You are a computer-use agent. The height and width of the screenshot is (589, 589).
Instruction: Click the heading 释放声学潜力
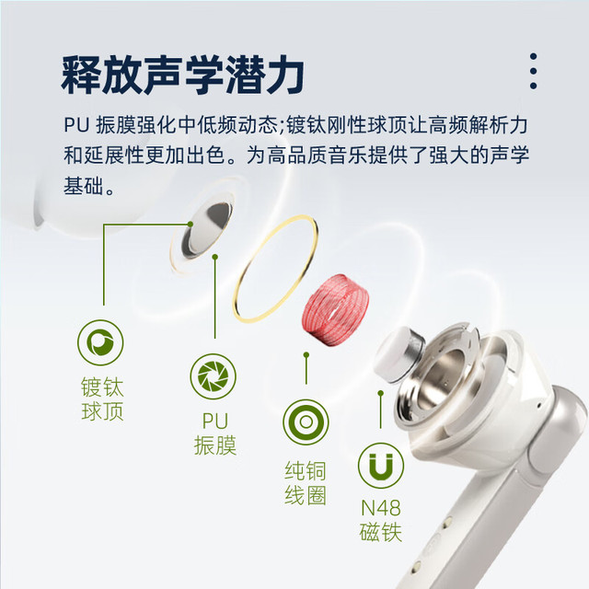pos(182,75)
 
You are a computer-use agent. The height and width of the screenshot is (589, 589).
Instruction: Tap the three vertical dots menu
pos(533,71)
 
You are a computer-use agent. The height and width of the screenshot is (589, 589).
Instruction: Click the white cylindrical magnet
pos(398,354)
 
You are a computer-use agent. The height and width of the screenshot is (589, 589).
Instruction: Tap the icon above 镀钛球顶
pos(100,342)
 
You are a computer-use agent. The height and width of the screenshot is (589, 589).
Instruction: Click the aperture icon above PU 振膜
pos(213,376)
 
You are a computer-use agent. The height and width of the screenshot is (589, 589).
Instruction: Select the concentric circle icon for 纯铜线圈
pos(306,422)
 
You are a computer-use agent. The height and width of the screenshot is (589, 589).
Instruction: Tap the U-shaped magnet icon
pos(381,466)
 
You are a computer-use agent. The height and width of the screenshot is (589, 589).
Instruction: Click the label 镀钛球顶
pos(102,398)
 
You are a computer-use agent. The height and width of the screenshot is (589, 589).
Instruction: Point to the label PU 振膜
pos(215,433)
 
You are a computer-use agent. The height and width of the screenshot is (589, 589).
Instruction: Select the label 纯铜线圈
pos(306,483)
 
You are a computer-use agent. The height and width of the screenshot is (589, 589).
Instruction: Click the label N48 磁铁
pos(381,521)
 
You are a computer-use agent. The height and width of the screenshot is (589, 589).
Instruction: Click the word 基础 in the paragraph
pos(83,186)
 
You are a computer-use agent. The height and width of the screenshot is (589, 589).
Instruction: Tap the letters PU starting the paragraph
pos(76,125)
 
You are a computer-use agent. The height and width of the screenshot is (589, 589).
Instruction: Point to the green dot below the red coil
pos(306,354)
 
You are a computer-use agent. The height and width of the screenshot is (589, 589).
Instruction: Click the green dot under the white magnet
pos(380,393)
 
